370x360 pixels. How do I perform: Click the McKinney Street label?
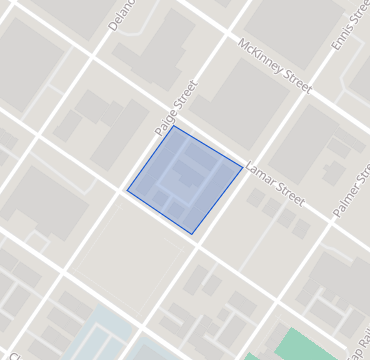coord(275,67)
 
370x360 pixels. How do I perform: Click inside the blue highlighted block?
coord(185,180)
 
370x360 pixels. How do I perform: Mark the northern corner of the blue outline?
coord(173,125)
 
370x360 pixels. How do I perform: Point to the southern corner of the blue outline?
coord(192,234)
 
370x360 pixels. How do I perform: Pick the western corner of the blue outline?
coord(127,188)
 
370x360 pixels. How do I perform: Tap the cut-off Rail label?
coord(358,341)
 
